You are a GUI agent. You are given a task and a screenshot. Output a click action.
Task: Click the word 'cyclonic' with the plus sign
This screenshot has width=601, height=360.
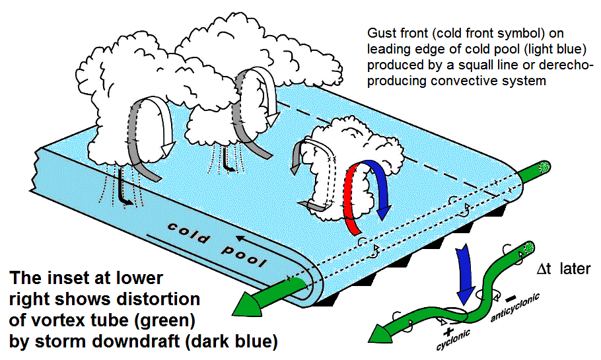coord(454,340)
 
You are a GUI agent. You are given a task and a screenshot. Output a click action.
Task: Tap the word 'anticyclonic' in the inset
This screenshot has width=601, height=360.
coord(515,307)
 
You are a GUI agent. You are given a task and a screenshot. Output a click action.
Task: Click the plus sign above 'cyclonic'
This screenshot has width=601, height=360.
coord(448,332)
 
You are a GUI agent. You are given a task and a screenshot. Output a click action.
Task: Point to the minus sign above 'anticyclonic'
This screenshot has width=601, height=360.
coord(511,298)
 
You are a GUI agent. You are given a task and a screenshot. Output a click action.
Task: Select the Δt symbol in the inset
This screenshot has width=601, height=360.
coord(544,269)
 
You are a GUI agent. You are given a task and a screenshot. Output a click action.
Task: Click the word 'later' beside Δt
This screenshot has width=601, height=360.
coord(575,268)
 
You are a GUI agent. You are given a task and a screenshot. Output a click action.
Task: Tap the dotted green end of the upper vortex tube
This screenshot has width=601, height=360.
coord(544,166)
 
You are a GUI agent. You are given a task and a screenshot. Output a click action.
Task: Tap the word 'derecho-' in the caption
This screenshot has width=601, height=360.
coord(563,65)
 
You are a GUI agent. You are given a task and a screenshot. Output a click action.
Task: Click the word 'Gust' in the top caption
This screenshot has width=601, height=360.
coord(382,33)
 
